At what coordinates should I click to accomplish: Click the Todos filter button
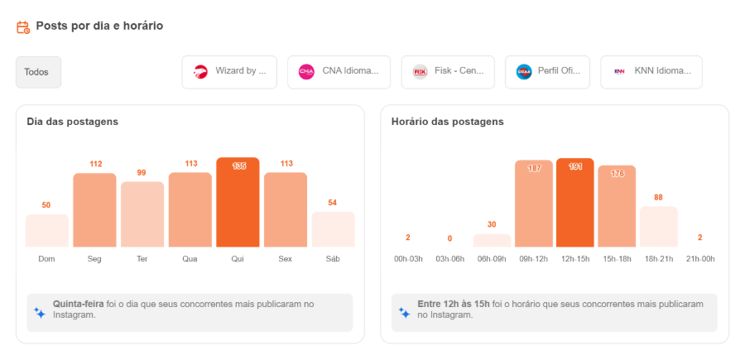38,72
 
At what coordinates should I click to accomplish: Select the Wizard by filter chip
229,72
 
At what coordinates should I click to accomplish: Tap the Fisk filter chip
447,72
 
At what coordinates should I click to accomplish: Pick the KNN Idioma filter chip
651,72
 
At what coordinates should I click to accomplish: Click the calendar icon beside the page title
23,27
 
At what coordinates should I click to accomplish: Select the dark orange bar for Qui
238,203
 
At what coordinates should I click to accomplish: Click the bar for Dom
46,231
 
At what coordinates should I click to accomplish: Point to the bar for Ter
142,214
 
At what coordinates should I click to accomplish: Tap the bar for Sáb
333,229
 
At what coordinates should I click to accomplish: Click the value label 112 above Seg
95,164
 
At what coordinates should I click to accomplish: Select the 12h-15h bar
574,203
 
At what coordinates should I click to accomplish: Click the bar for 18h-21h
658,227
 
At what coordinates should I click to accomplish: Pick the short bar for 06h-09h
492,241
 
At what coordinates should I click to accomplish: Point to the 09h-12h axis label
533,259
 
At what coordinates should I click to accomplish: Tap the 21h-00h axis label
699,259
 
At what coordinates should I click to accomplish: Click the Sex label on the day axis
286,259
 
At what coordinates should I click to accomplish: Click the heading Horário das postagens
447,122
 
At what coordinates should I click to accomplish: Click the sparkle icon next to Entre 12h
404,313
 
